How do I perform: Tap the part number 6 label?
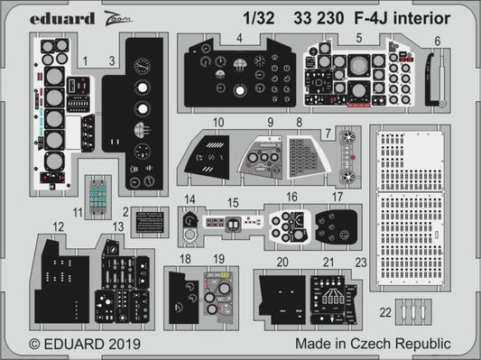click(439, 41)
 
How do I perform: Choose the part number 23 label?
click(361, 263)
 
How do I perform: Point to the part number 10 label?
click(218, 122)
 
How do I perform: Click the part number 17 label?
click(337, 196)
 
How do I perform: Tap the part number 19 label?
click(218, 259)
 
